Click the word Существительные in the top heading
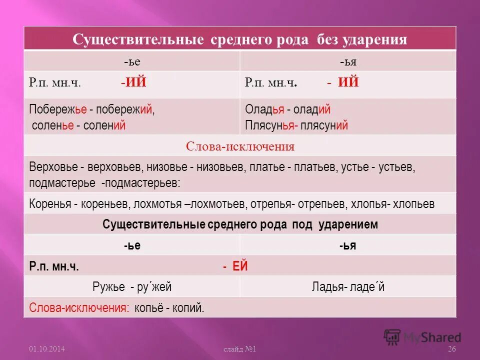point(135,39)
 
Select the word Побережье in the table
point(58,110)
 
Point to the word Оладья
point(265,110)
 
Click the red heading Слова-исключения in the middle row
point(240,146)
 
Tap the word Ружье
point(108,287)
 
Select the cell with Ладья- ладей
point(348,287)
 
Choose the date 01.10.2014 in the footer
point(47,348)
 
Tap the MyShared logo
point(422,337)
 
